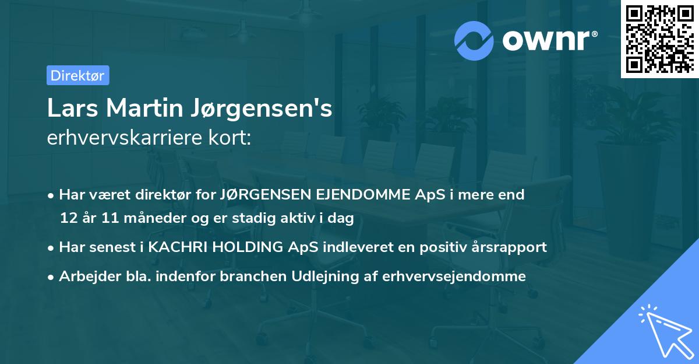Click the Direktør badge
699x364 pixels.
77,75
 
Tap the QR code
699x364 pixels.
659,39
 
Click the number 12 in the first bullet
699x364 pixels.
69,218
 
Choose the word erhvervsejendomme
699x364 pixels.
454,276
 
